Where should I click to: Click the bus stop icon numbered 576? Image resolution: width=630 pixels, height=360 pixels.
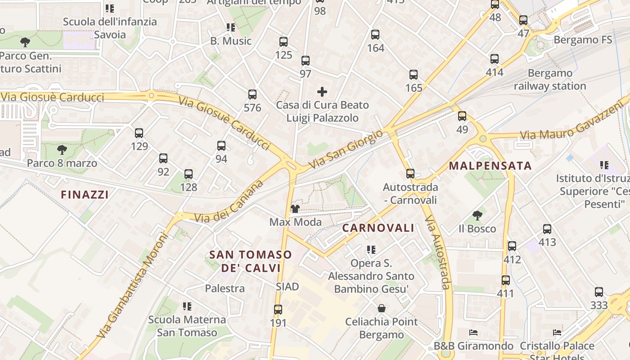pos(252,94)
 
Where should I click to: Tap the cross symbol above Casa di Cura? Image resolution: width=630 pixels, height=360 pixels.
pos(322,92)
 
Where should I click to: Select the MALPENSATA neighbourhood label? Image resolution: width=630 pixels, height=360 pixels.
pos(490,166)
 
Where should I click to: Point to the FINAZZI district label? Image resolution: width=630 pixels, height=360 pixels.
pos(85,195)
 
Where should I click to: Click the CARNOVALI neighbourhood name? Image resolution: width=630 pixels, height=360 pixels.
pos(378,228)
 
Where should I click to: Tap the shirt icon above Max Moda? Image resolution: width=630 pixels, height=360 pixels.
pos(295,209)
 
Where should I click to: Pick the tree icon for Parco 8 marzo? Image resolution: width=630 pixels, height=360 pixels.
pos(62,150)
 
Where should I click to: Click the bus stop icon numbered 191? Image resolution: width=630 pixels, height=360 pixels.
pos(278,310)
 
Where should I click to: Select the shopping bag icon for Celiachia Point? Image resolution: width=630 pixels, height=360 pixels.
pos(382,308)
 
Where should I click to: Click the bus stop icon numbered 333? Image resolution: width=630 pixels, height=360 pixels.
pos(599,292)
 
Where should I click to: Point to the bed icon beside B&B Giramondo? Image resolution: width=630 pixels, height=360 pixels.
pos(473,333)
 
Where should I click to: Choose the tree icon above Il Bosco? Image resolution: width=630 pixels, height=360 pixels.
pos(477,216)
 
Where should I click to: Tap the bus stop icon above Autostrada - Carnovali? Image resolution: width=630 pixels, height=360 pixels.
pos(410,174)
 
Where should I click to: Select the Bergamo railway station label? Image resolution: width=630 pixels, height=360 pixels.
pos(550,80)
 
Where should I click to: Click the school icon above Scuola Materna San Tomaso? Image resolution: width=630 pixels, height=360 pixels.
pos(187,306)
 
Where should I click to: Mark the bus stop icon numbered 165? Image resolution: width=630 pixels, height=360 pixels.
pos(414,75)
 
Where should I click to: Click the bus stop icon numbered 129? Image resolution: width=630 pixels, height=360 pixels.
pos(139,133)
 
